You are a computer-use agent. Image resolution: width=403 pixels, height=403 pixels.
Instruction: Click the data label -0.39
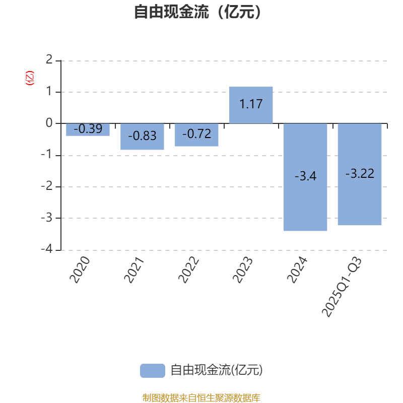click(x=88, y=129)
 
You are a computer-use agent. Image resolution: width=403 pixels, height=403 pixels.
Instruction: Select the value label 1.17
click(x=251, y=105)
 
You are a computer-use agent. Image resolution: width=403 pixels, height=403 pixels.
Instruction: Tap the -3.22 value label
click(x=360, y=174)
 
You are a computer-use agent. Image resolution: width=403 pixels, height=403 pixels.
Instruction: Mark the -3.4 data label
click(x=305, y=177)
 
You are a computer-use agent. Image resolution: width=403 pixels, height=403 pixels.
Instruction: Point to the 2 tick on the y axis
click(x=49, y=60)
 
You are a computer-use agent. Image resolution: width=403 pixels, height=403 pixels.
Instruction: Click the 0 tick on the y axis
click(x=49, y=123)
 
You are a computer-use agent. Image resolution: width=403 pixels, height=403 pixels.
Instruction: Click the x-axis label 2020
click(x=80, y=270)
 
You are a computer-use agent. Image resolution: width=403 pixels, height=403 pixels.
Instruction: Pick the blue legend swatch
click(x=152, y=370)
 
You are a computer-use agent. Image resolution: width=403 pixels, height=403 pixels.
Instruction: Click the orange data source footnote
click(x=201, y=398)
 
